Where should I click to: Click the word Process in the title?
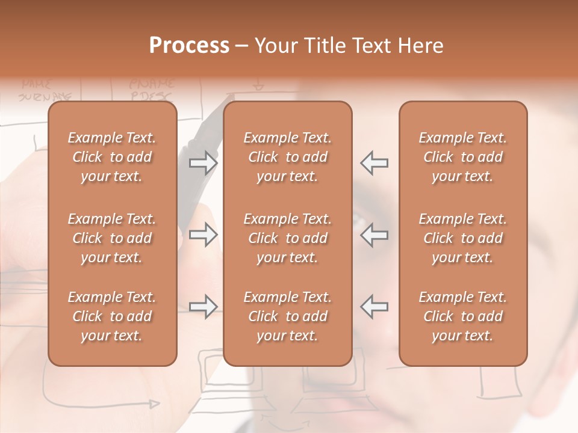[189, 46]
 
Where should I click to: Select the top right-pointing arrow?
[204, 162]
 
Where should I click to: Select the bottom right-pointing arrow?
[204, 307]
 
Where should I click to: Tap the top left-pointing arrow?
[374, 162]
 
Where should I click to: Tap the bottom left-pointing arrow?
[374, 307]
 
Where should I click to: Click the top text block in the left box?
[112, 157]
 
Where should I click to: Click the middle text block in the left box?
[112, 238]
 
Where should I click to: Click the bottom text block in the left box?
[112, 316]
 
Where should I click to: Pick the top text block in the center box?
[288, 157]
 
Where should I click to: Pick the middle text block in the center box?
[288, 238]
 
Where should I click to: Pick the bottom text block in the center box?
[288, 316]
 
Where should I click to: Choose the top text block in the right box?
[463, 157]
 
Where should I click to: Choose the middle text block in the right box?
[463, 238]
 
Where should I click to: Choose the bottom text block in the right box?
[463, 316]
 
